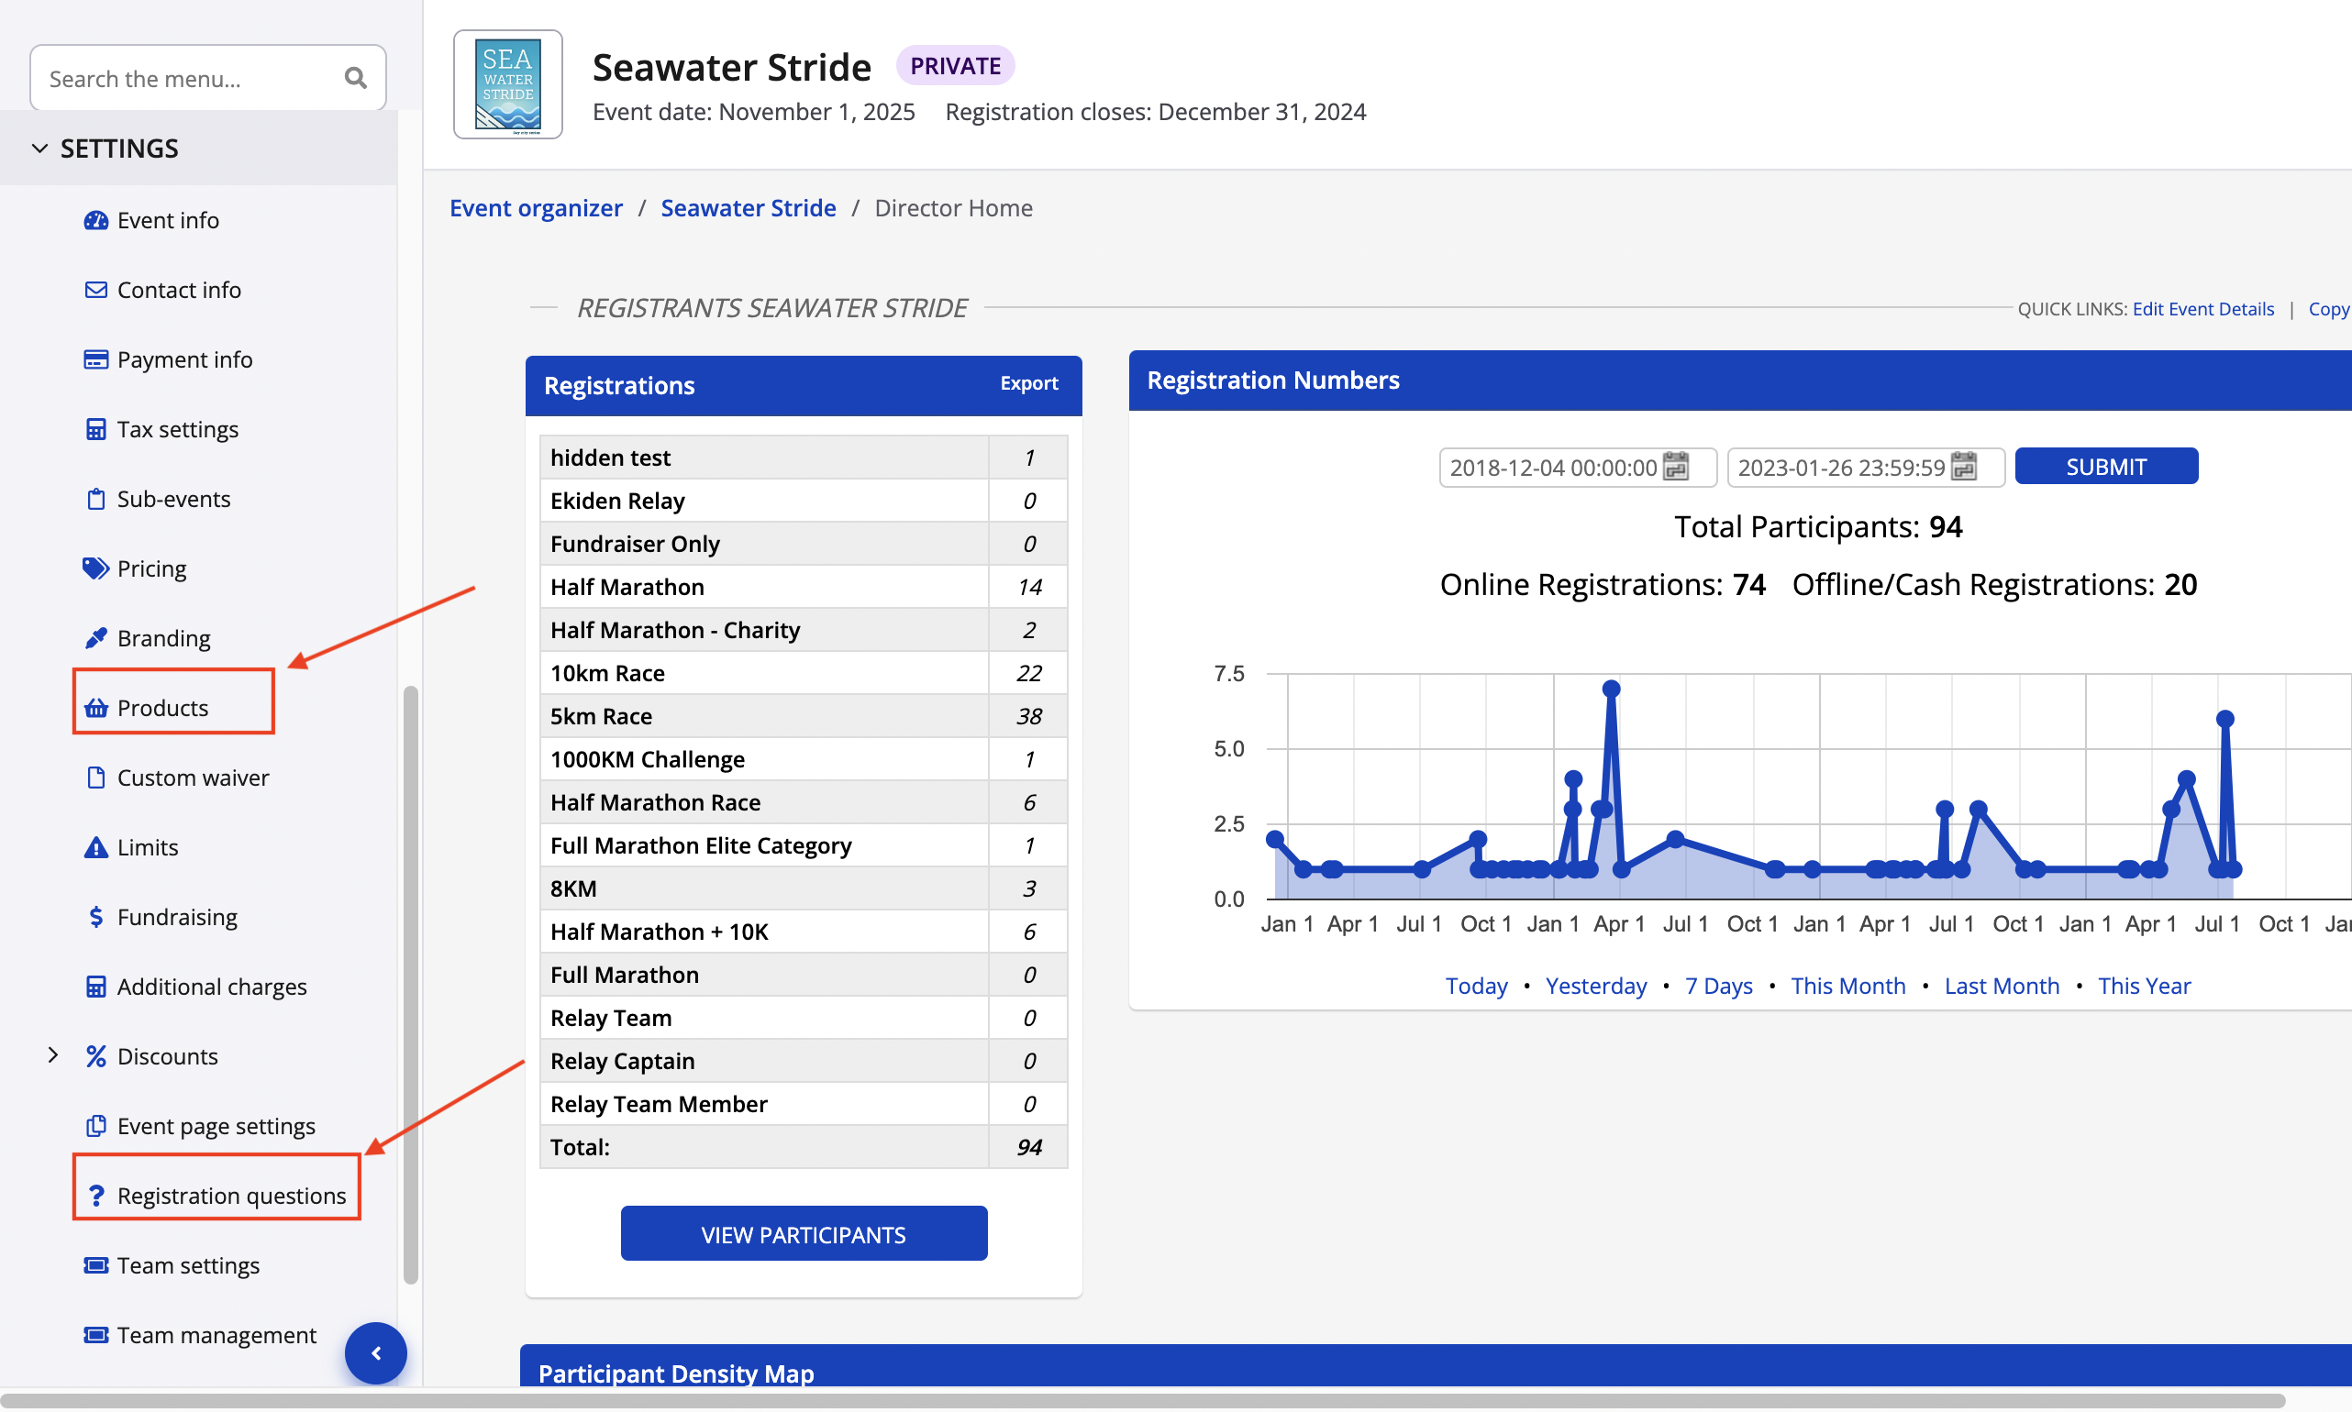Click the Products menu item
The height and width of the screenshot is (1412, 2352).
pos(162,708)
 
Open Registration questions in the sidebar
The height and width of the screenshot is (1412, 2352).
pos(230,1196)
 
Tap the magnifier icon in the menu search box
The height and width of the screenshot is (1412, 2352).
pos(355,78)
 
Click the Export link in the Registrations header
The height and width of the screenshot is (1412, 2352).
pos(1028,383)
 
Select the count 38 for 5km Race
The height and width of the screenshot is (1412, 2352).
pos(1028,716)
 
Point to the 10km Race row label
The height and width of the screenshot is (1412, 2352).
pos(607,674)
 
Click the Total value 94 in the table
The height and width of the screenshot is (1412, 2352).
pos(1028,1148)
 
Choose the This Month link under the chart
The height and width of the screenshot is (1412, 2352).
pos(1847,986)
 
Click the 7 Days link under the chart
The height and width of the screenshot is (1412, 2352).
pos(1718,986)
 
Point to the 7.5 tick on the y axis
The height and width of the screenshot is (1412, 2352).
pos(1229,675)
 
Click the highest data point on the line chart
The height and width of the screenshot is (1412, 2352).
pos(1611,689)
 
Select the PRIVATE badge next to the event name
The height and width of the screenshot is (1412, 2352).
pos(955,66)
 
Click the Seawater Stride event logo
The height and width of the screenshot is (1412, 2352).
pos(507,84)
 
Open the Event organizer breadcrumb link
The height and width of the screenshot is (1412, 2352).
pos(536,208)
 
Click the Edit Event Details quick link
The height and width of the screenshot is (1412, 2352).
pos(2202,309)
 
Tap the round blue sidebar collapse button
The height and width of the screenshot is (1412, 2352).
pos(376,1353)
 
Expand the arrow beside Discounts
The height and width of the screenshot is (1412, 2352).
pos(53,1056)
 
